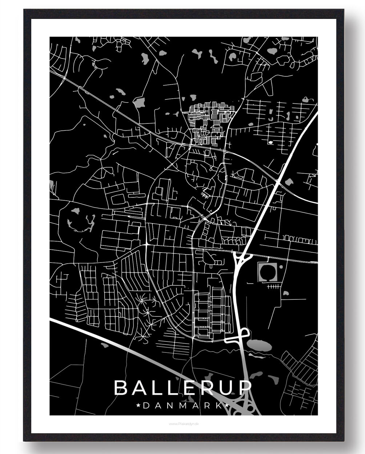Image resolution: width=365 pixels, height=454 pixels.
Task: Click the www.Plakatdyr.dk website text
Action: tap(184, 423)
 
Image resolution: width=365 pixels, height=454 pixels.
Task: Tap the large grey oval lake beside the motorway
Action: tap(258, 344)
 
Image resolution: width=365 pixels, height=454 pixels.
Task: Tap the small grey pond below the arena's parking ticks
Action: tap(286, 293)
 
